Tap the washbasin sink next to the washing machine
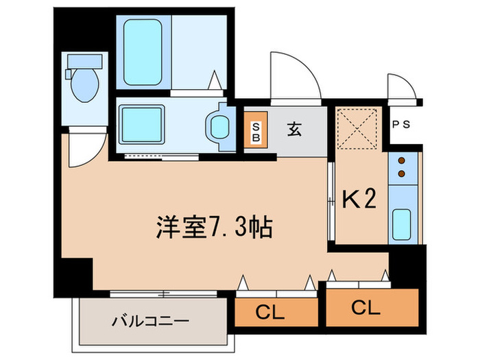(219, 126)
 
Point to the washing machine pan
(143, 124)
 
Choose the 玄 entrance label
(294, 129)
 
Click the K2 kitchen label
(359, 200)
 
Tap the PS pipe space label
(403, 125)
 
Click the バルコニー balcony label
(149, 320)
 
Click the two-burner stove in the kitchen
(400, 167)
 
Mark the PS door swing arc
(401, 85)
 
